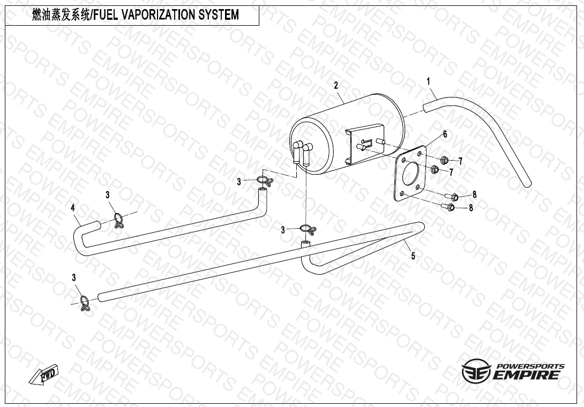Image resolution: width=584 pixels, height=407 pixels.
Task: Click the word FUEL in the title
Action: pos(106,15)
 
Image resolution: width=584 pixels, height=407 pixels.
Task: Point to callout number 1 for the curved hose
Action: pos(428,81)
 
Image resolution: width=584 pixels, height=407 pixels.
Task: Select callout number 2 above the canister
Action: pos(336,85)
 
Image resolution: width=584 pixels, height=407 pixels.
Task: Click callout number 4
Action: pos(73,208)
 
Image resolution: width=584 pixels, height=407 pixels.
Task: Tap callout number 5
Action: pos(413,256)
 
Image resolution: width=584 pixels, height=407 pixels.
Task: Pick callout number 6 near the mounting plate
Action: pos(445,134)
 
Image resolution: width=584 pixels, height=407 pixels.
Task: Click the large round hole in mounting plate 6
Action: pos(410,173)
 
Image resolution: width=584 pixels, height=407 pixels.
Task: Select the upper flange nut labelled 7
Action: pos(444,161)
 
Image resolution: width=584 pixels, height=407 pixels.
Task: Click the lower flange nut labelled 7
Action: pos(434,170)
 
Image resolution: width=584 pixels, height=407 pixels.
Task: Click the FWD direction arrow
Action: pos(44,374)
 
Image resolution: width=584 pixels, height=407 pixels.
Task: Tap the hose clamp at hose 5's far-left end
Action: pos(85,303)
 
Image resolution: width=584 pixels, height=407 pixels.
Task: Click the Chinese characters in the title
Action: pos(61,15)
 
